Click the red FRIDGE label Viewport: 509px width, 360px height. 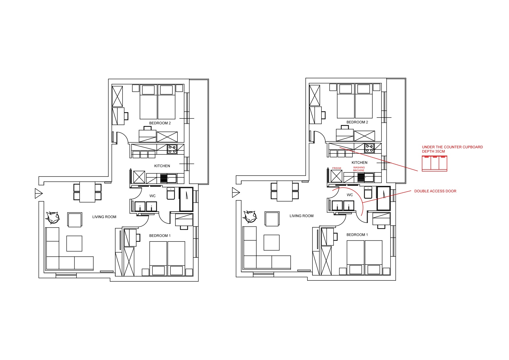click(337, 168)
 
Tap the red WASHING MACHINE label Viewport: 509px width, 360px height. click(359, 169)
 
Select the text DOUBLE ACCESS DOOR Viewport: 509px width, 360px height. click(435, 191)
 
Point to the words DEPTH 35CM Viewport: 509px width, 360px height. click(433, 152)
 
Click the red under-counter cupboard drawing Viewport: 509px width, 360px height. click(434, 163)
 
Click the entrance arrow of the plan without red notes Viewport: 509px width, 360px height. click(39, 193)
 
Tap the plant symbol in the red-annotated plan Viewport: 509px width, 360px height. click(250, 216)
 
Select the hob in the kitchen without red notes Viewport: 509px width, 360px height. click(172, 149)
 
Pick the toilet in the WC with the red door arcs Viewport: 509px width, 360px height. click(368, 192)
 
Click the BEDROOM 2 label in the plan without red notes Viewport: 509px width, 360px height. click(160, 123)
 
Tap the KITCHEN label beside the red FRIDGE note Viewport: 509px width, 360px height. click(359, 163)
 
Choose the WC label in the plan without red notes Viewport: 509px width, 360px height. click(152, 196)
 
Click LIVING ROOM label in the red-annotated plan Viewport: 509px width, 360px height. click(301, 216)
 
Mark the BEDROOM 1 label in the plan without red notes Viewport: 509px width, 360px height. click(160, 236)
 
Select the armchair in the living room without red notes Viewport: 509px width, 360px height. click(75, 220)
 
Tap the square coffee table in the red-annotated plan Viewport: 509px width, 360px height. click(271, 242)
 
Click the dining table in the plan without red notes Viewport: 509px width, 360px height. click(87, 192)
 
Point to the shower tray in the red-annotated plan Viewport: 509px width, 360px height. click(384, 198)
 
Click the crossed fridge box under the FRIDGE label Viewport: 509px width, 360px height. click(337, 176)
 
